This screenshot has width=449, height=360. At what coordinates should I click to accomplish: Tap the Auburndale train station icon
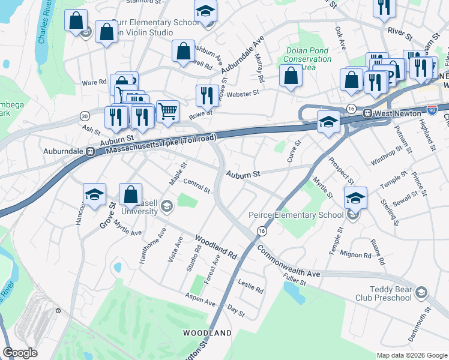point(90,152)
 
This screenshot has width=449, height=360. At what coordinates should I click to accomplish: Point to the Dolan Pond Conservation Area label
point(308,59)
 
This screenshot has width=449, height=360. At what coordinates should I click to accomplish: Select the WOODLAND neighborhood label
point(207,332)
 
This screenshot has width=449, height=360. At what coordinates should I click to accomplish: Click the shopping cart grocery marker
point(167,110)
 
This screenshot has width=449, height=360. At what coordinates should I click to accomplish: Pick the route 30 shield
point(85,115)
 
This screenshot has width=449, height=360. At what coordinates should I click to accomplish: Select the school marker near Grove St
point(94,194)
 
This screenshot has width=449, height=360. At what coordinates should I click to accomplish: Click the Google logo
point(20,353)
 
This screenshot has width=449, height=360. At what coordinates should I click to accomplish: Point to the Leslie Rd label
point(250,287)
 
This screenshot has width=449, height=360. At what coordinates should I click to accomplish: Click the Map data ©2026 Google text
point(411,355)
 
